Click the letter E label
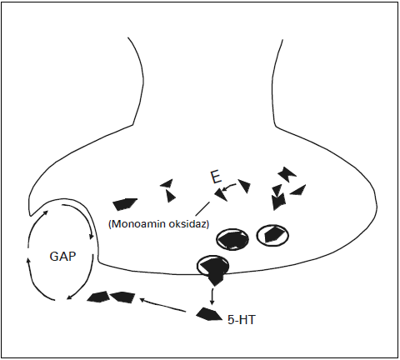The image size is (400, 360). click(217, 177)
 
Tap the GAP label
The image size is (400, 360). click(62, 256)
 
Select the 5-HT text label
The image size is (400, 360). click(241, 320)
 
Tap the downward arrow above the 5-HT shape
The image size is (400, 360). click(212, 297)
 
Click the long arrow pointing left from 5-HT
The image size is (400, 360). click(162, 305)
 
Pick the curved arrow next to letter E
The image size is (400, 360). click(229, 187)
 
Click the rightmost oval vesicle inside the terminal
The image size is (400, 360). click(272, 235)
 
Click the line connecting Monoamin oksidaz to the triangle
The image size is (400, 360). click(202, 208)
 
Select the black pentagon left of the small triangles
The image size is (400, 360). click(125, 204)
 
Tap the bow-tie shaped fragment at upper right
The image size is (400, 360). click(287, 174)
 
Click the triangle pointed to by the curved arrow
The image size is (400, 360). click(221, 194)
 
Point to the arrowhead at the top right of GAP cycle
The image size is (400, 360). click(91, 236)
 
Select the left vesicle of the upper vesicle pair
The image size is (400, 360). click(232, 240)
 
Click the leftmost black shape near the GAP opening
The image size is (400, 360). click(97, 297)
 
